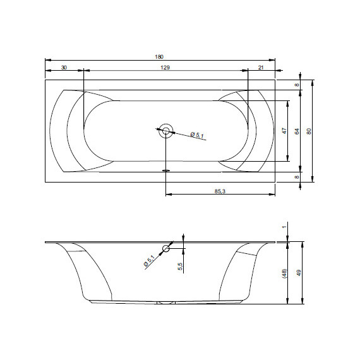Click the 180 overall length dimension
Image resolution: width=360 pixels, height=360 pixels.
point(159,57)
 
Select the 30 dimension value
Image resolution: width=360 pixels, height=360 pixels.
point(64,68)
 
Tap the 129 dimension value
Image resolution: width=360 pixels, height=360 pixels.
point(165,68)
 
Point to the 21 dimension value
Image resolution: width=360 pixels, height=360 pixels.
point(261,68)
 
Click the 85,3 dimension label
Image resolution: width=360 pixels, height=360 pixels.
point(220,191)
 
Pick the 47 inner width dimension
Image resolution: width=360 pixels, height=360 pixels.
point(284,131)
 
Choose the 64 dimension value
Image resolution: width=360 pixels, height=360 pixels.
point(297,131)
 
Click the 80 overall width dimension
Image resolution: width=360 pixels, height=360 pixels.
point(309,131)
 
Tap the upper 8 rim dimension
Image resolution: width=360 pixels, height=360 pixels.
point(297,85)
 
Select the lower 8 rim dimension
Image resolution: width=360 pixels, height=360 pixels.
point(297,177)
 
